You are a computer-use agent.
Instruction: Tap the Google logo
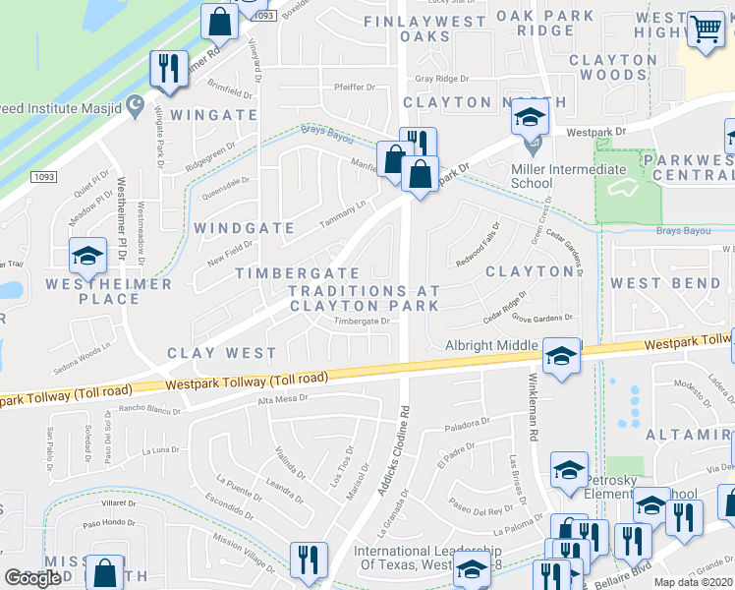tap(32, 578)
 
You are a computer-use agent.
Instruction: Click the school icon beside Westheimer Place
tap(86, 256)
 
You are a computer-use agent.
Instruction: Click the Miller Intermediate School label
tap(568, 176)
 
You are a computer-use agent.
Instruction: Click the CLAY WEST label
tap(221, 352)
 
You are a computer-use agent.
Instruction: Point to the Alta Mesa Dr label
tap(283, 399)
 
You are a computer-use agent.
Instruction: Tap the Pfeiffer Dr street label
tap(356, 87)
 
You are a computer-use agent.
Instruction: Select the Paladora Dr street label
tap(466, 422)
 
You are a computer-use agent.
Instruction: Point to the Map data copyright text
tap(692, 582)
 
